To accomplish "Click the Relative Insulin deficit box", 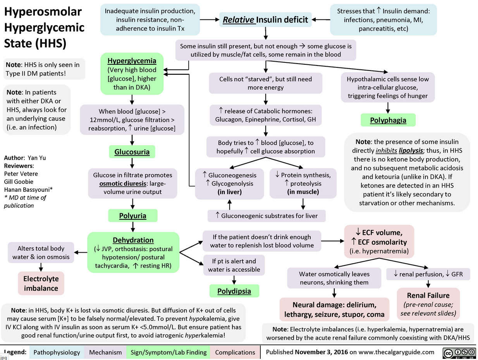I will click(265, 19).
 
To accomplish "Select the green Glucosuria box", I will click(132, 152).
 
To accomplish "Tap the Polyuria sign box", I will click(132, 215).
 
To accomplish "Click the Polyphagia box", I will click(388, 120).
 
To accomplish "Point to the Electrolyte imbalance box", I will click(41, 283).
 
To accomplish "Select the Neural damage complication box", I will click(334, 309).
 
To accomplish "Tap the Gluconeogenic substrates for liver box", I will click(267, 216).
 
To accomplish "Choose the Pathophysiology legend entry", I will click(57, 352).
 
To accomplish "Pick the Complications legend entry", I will click(235, 352).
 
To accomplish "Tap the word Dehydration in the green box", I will click(133, 240).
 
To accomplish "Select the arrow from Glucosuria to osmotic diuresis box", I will click(132, 163).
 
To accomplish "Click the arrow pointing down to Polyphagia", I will click(388, 107).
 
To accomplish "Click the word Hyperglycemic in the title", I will click(44, 28).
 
